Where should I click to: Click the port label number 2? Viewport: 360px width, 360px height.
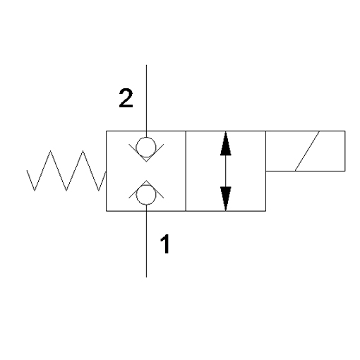(126, 98)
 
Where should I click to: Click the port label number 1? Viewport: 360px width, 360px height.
(165, 244)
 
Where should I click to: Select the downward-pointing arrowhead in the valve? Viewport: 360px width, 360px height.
(226, 198)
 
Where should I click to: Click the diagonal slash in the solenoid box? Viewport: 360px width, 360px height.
(307, 151)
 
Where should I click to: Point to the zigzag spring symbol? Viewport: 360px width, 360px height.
(66, 171)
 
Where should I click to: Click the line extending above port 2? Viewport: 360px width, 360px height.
(146, 101)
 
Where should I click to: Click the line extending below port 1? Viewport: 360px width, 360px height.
(146, 241)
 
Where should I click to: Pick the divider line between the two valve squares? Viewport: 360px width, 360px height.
(186, 171)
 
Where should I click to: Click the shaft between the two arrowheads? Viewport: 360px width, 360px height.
(226, 171)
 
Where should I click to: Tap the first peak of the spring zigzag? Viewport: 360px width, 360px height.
(50, 151)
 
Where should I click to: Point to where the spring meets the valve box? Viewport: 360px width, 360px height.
(106, 172)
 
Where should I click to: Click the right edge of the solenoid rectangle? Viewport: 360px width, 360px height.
(345, 151)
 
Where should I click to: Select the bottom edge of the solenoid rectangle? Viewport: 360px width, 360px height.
(306, 171)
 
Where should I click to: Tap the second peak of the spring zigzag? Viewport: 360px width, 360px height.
(83, 151)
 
